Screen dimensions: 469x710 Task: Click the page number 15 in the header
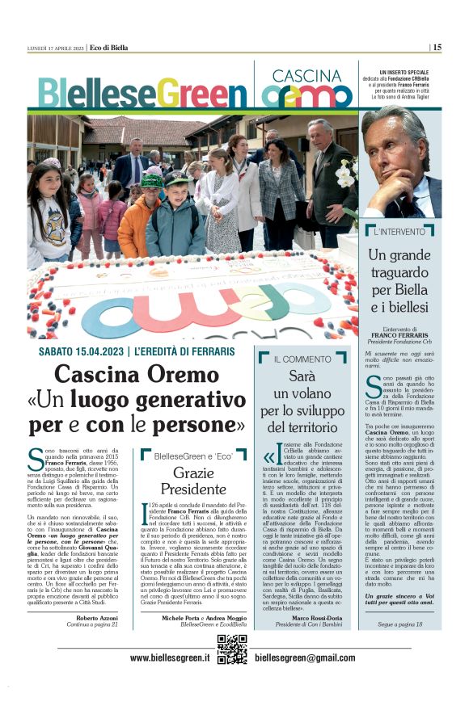pyautogui.click(x=437, y=47)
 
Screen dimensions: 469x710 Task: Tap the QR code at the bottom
pyautogui.click(x=232, y=649)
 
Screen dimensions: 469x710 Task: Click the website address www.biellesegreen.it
pyautogui.click(x=171, y=658)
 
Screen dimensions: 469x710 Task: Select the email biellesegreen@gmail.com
pyautogui.click(x=304, y=658)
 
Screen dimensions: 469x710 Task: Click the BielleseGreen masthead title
pyautogui.click(x=142, y=92)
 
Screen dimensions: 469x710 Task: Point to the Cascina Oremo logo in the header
pyautogui.click(x=306, y=88)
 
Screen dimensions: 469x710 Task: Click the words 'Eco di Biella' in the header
pyautogui.click(x=108, y=48)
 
